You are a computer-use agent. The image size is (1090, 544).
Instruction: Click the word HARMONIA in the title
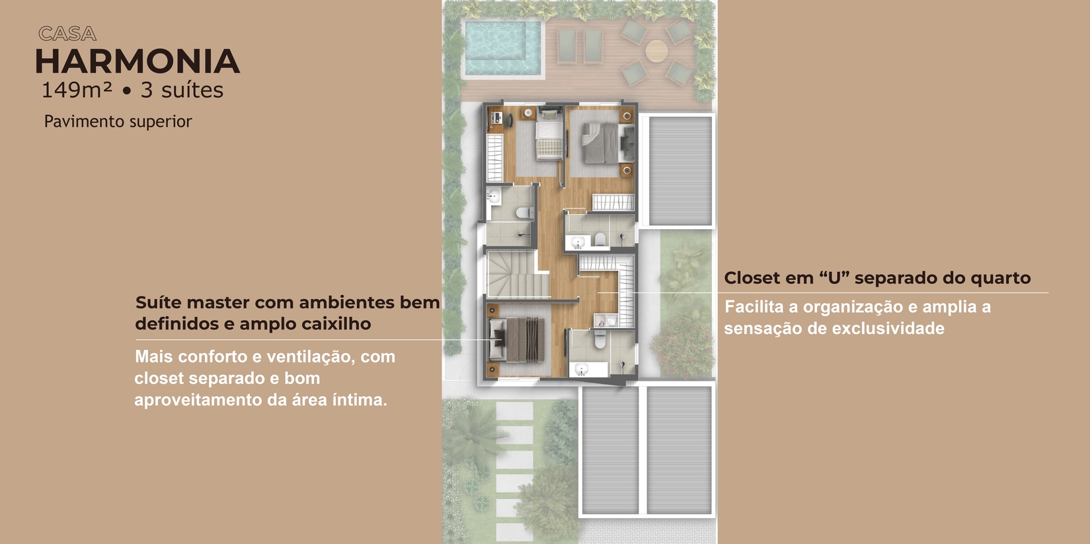click(x=137, y=61)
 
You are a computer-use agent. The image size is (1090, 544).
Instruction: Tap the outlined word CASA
click(x=67, y=34)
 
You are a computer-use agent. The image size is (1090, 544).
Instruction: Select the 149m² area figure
click(x=77, y=90)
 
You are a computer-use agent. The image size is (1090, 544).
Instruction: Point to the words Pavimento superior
click(x=118, y=121)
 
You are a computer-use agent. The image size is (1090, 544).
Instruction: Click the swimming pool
click(x=502, y=48)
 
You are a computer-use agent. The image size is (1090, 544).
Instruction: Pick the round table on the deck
click(x=656, y=51)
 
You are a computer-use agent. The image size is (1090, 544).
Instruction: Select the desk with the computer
click(x=495, y=120)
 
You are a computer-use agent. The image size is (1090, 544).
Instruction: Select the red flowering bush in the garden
click(x=681, y=348)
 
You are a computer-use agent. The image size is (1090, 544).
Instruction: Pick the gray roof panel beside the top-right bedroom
click(x=680, y=171)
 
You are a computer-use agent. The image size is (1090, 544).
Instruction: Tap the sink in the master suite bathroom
click(x=581, y=370)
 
